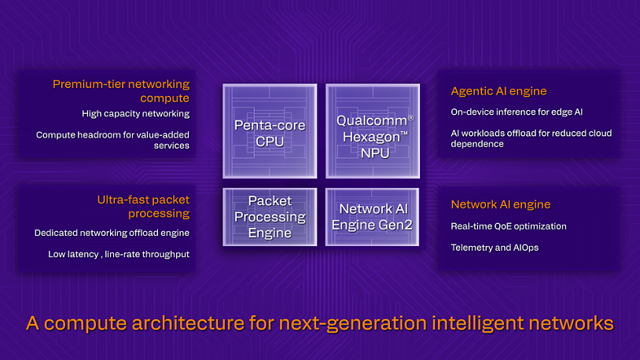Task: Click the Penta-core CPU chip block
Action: [270, 132]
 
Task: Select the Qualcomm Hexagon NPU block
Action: [374, 132]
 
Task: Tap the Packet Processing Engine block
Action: [270, 216]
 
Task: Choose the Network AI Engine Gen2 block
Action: [374, 216]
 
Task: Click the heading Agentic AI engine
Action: [498, 91]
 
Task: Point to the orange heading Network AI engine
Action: [500, 204]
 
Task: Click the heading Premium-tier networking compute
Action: [121, 90]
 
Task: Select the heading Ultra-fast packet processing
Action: [138, 206]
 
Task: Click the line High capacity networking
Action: [135, 114]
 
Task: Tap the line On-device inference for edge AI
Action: [517, 112]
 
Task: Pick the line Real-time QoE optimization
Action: [508, 226]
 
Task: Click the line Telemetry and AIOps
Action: [495, 247]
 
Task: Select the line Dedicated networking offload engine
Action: [112, 233]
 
